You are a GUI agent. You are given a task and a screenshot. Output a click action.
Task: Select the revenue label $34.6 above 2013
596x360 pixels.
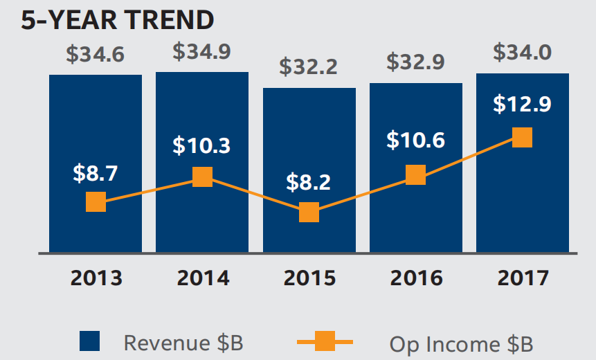coord(96,55)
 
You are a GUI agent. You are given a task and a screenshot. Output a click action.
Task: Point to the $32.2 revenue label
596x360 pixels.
coord(309,67)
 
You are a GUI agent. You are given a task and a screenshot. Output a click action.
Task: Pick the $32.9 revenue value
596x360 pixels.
coord(415,62)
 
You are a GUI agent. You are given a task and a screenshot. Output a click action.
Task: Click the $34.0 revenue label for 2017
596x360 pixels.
coord(522,53)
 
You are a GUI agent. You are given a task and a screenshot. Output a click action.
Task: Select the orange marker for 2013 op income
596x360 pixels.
coord(96,202)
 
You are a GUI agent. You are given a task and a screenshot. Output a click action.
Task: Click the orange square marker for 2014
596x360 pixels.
coord(202,177)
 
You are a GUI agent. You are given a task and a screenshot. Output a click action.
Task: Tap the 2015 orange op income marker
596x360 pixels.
coord(309,212)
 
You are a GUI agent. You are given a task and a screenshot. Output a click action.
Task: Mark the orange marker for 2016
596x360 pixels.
coord(415,174)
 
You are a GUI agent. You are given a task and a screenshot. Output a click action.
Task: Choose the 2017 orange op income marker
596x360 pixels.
coord(522,137)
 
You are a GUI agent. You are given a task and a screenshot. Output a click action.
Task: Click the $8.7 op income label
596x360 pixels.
coord(96,173)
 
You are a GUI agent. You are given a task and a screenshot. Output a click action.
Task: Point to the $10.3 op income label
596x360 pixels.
coord(201,146)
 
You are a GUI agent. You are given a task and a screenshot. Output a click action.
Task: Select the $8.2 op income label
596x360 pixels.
coord(309,182)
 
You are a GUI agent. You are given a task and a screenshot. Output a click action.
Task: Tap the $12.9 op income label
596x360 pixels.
coord(522,105)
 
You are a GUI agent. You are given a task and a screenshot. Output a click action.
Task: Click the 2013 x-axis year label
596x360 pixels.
coord(96,278)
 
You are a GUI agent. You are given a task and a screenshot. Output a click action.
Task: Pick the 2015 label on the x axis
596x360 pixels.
coord(309,278)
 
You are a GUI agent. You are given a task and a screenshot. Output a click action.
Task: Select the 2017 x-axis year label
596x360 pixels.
coord(522,278)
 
